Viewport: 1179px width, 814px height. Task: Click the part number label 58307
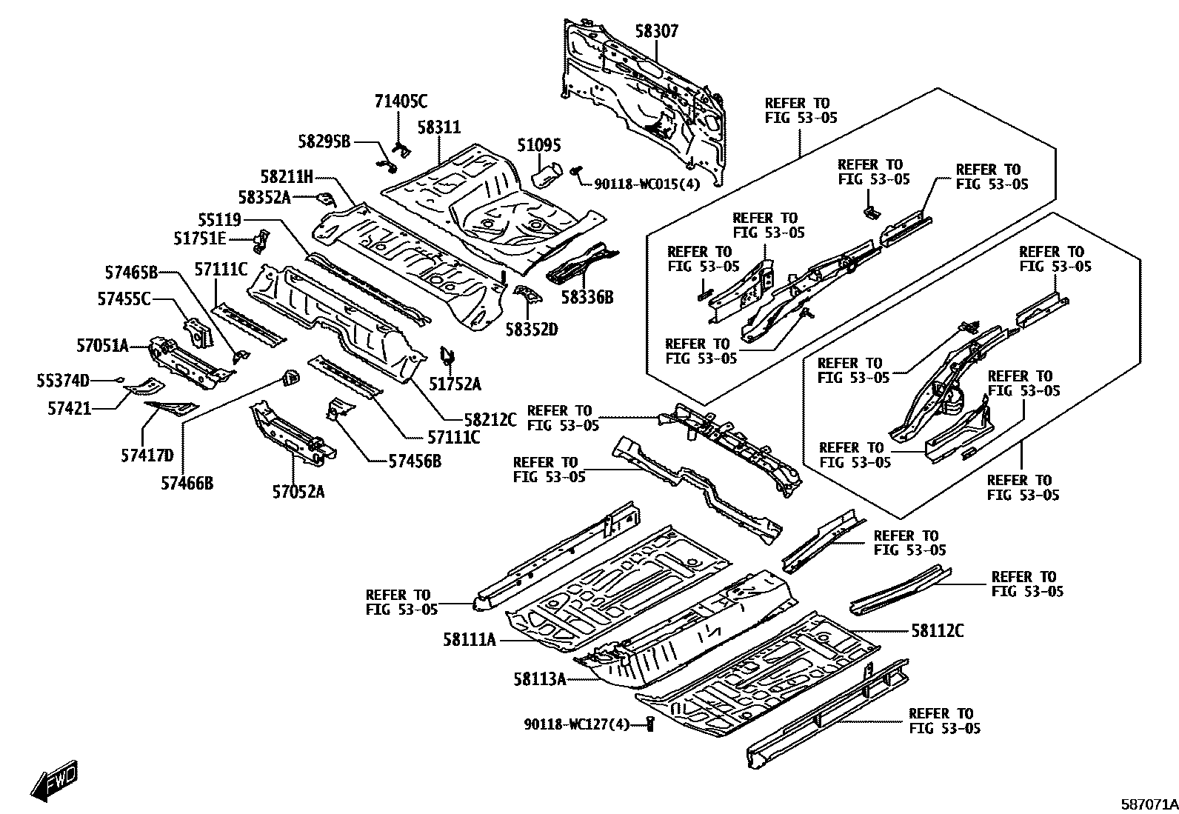click(x=656, y=31)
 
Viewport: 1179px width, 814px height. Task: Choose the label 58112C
click(x=937, y=631)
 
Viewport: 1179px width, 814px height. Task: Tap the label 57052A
click(x=298, y=492)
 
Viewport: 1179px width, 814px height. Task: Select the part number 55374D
click(x=63, y=381)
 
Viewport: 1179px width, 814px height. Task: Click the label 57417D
click(x=147, y=454)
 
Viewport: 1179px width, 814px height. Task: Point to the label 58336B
click(x=587, y=298)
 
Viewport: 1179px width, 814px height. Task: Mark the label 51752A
click(x=455, y=384)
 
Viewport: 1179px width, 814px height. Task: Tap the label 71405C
click(x=401, y=101)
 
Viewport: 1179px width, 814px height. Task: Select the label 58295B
click(x=324, y=141)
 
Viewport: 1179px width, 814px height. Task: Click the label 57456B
click(x=415, y=461)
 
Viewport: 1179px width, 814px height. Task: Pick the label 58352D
click(x=531, y=328)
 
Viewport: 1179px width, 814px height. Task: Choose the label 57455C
click(x=124, y=298)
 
